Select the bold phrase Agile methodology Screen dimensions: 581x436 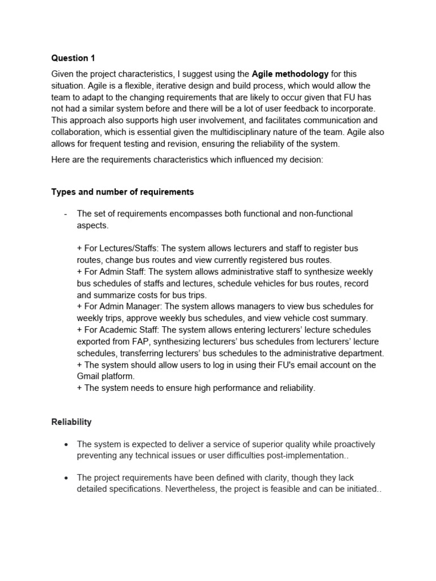(x=290, y=74)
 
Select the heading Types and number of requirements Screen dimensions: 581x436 (x=123, y=192)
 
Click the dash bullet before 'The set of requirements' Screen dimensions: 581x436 (x=66, y=214)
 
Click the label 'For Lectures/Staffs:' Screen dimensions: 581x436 (x=112, y=249)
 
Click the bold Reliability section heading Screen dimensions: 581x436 (x=72, y=422)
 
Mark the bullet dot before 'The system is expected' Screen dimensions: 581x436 (x=67, y=444)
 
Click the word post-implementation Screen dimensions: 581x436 (x=305, y=456)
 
